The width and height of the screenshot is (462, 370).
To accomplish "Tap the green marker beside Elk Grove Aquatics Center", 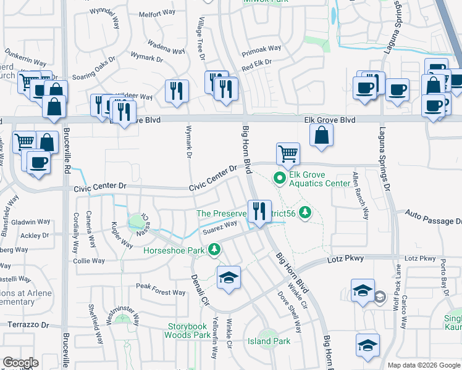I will (x=279, y=178).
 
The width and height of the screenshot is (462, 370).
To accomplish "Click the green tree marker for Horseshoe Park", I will (x=214, y=250).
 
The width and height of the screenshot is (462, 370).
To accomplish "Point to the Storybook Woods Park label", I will (x=188, y=331).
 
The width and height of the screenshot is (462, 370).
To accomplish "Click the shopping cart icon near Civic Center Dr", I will (x=288, y=154).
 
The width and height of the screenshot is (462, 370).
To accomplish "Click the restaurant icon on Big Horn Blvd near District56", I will (x=258, y=212).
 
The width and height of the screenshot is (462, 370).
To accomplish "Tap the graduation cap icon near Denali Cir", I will (x=228, y=277).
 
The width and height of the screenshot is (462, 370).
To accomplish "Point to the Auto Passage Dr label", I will (x=433, y=216).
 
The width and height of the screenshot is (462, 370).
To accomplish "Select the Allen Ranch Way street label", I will (x=360, y=195).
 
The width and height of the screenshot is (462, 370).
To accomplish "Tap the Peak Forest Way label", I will (x=161, y=289).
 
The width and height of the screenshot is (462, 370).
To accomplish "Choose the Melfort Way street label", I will (x=157, y=14).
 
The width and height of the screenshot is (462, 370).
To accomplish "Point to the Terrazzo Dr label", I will (x=27, y=323).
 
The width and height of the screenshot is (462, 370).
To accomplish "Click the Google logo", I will (x=20, y=363).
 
